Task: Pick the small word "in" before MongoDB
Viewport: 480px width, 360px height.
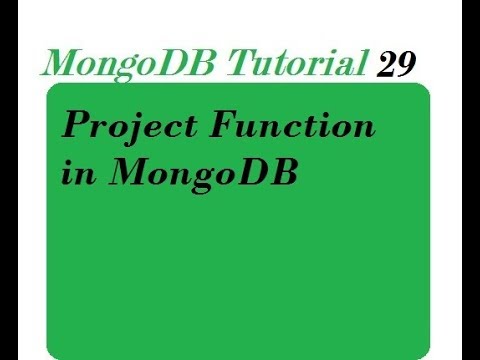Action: pyautogui.click(x=75, y=171)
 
